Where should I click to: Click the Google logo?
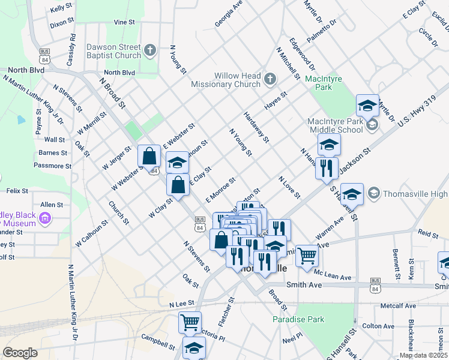(20, 353)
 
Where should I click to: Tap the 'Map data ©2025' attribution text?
(423, 355)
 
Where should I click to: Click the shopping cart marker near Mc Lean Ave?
(307, 256)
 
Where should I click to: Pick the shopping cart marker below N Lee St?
(190, 323)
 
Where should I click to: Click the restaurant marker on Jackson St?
(327, 168)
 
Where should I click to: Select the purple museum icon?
(45, 220)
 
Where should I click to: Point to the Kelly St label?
(62, 9)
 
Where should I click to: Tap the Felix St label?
(17, 191)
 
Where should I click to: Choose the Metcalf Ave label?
(399, 305)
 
